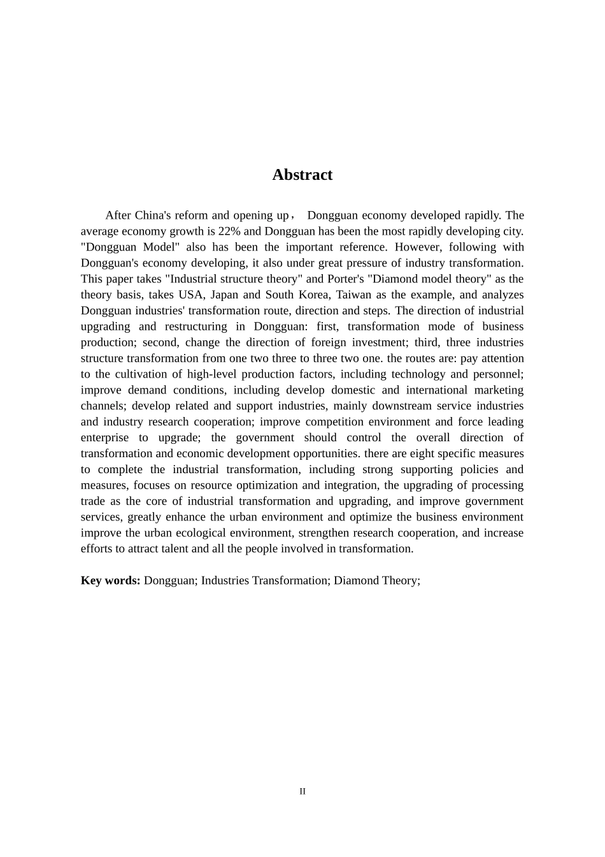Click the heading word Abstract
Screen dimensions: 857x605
point(302,175)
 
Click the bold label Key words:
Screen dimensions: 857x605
point(110,580)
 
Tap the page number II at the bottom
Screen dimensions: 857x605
point(302,791)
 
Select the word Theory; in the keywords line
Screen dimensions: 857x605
point(399,580)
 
